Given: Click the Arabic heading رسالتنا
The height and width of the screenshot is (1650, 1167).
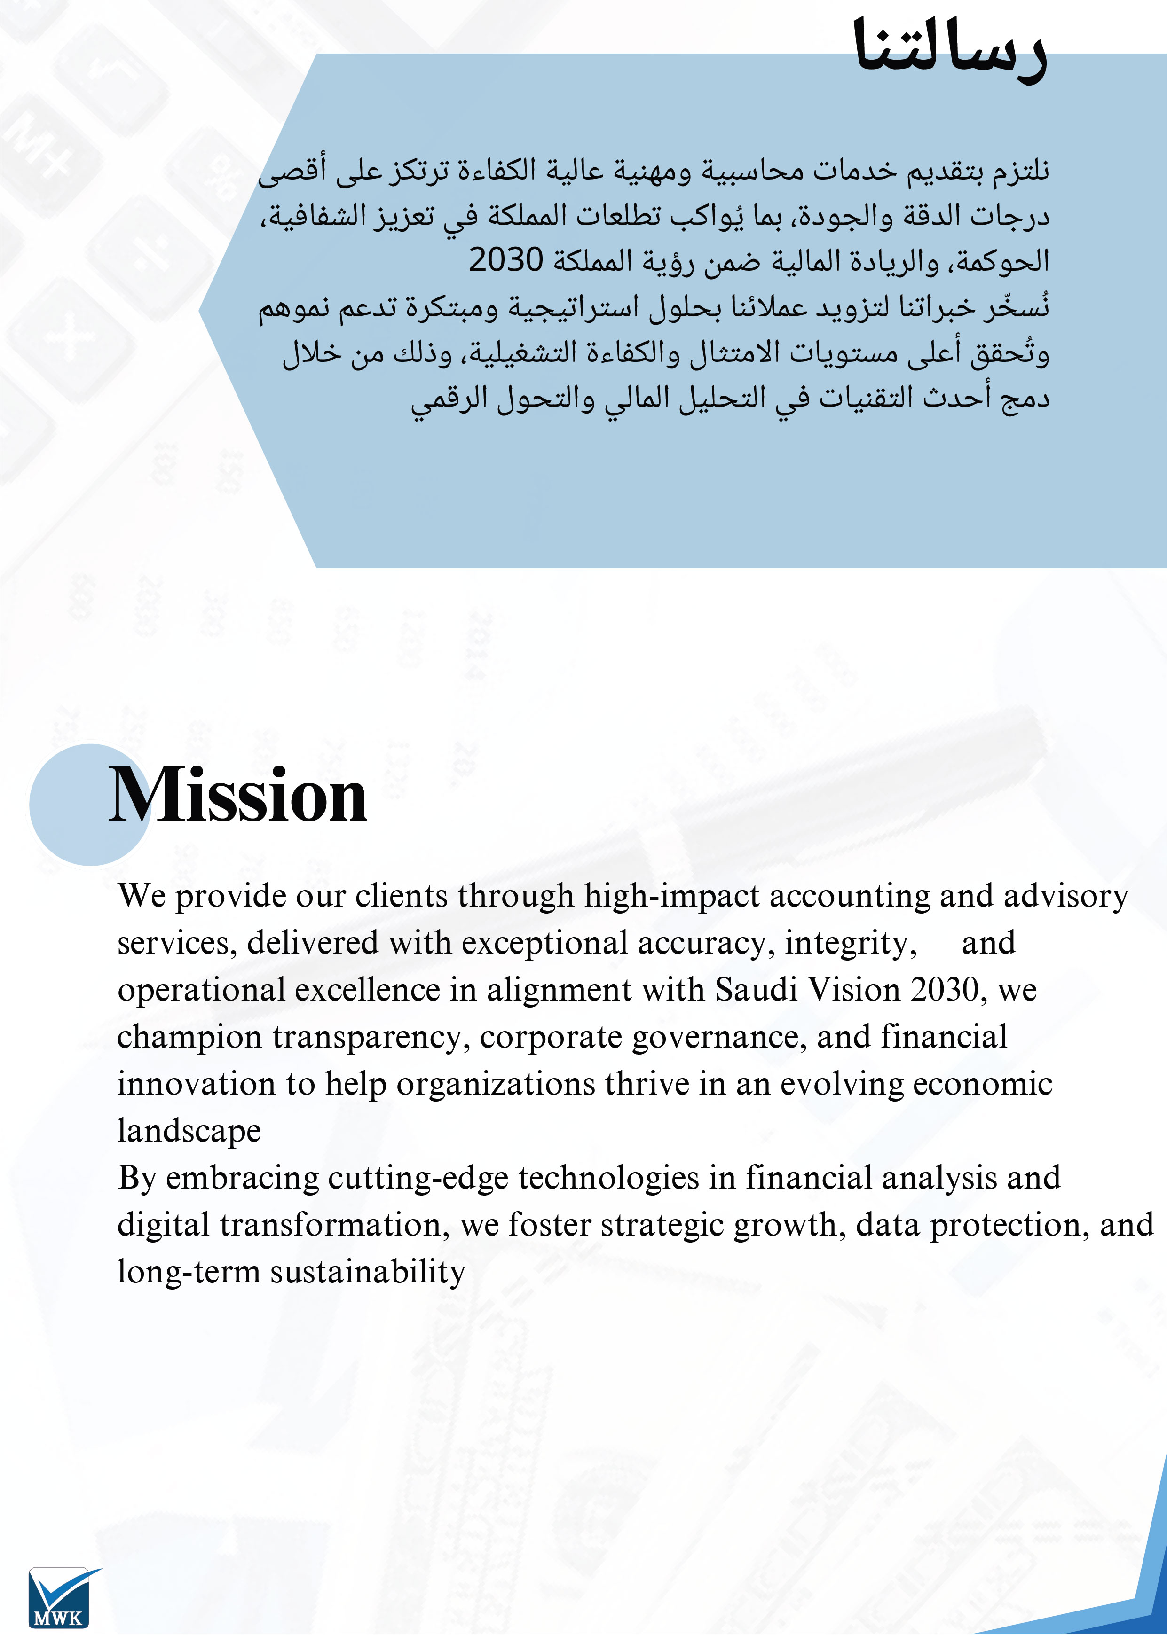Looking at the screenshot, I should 949,50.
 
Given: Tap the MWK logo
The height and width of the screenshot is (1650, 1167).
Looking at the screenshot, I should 61,1597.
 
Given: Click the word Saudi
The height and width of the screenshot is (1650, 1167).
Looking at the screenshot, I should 757,990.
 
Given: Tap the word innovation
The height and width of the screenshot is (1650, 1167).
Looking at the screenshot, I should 196,1084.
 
